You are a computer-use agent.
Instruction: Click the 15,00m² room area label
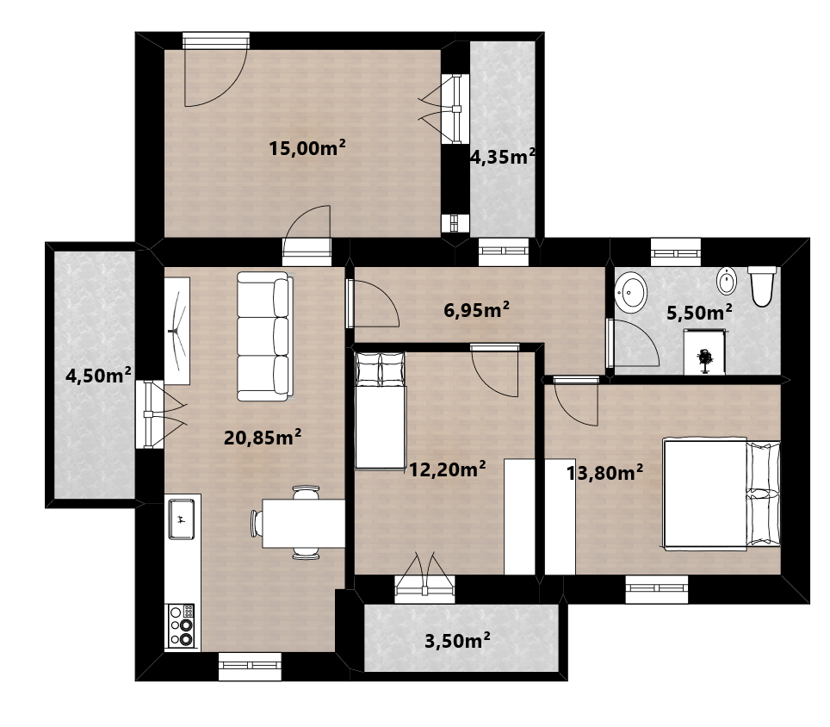[307, 148]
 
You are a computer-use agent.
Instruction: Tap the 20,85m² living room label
[263, 438]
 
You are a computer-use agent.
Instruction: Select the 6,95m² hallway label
[476, 309]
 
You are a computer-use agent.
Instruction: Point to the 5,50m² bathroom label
[699, 312]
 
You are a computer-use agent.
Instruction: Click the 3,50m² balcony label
[457, 641]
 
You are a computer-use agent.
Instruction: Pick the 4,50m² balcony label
[98, 376]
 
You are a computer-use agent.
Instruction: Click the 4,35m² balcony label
[503, 157]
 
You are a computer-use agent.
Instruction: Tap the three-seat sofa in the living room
[265, 336]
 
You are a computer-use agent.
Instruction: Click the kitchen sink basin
[181, 519]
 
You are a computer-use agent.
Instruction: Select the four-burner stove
[182, 626]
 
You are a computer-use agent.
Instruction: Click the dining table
[304, 523]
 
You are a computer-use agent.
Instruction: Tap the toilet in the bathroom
[762, 286]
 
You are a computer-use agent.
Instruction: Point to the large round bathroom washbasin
[631, 291]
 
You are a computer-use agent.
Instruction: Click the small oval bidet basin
[727, 281]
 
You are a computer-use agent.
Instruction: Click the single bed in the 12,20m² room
[380, 411]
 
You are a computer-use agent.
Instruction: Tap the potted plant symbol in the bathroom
[704, 360]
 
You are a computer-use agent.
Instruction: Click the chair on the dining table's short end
[257, 523]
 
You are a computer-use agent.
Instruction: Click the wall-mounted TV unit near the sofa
[177, 331]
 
